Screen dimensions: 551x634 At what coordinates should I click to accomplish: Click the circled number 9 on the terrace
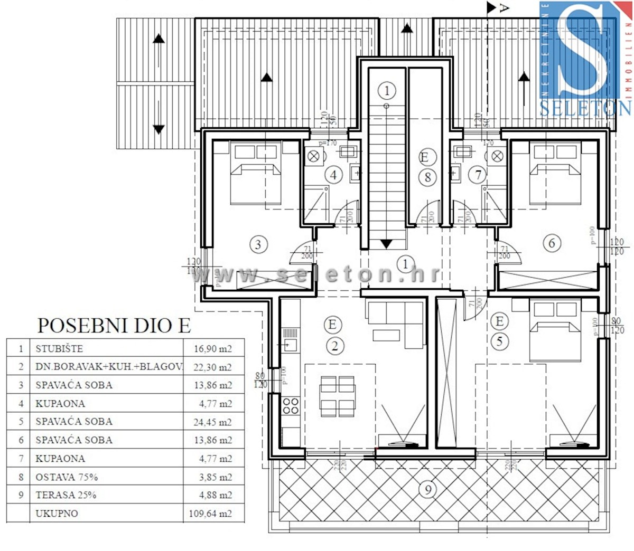[427, 489]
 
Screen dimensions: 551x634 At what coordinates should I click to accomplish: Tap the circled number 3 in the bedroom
[258, 244]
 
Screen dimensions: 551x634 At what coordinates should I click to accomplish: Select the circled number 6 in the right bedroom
[552, 243]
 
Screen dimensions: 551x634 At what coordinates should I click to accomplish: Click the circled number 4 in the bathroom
[333, 175]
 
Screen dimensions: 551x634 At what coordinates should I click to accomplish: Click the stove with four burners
[291, 406]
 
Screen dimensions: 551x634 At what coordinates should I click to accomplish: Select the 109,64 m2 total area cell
[210, 513]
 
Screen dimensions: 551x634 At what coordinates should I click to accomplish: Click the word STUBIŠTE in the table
[59, 348]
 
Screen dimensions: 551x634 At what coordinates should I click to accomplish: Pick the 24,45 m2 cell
[212, 422]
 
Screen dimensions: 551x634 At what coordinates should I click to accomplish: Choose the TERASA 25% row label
[66, 495]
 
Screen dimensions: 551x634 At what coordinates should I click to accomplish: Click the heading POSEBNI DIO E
[114, 325]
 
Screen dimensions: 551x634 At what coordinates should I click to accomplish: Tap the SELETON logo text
[585, 108]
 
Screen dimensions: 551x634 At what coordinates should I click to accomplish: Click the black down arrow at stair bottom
[386, 244]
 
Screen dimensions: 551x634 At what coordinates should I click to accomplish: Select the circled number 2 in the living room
[334, 346]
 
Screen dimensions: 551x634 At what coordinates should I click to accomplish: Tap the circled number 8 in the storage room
[427, 177]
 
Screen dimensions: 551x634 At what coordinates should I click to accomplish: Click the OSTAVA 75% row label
[67, 477]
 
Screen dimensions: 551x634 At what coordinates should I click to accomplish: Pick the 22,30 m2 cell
[212, 367]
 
